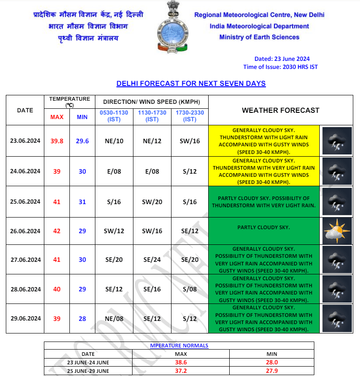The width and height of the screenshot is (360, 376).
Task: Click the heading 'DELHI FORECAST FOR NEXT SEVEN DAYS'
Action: click(191, 84)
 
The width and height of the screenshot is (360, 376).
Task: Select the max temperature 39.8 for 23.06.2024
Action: click(57, 141)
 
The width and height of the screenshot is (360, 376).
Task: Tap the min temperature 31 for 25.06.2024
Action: click(82, 202)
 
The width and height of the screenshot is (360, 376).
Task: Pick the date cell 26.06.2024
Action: click(26, 231)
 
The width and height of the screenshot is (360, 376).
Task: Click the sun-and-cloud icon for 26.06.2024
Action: click(337, 231)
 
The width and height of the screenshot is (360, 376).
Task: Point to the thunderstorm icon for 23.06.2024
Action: click(337, 141)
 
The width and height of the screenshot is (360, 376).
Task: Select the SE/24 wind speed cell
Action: click(152, 260)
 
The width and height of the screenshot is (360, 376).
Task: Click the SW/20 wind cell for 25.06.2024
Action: click(152, 202)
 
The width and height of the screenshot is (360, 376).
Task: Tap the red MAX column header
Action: click(57, 117)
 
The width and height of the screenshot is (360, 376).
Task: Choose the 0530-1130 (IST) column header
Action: click(114, 116)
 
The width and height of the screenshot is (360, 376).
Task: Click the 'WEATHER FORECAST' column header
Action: click(281, 110)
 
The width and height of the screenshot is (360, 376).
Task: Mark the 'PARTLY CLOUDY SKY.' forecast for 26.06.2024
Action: click(264, 227)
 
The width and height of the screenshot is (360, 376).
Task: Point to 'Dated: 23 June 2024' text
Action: click(282, 59)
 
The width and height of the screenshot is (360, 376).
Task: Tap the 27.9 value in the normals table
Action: click(272, 371)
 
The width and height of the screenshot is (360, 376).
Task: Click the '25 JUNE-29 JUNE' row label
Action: click(88, 371)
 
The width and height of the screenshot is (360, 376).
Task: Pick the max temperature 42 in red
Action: click(57, 231)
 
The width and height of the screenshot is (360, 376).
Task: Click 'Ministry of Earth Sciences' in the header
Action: click(259, 37)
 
